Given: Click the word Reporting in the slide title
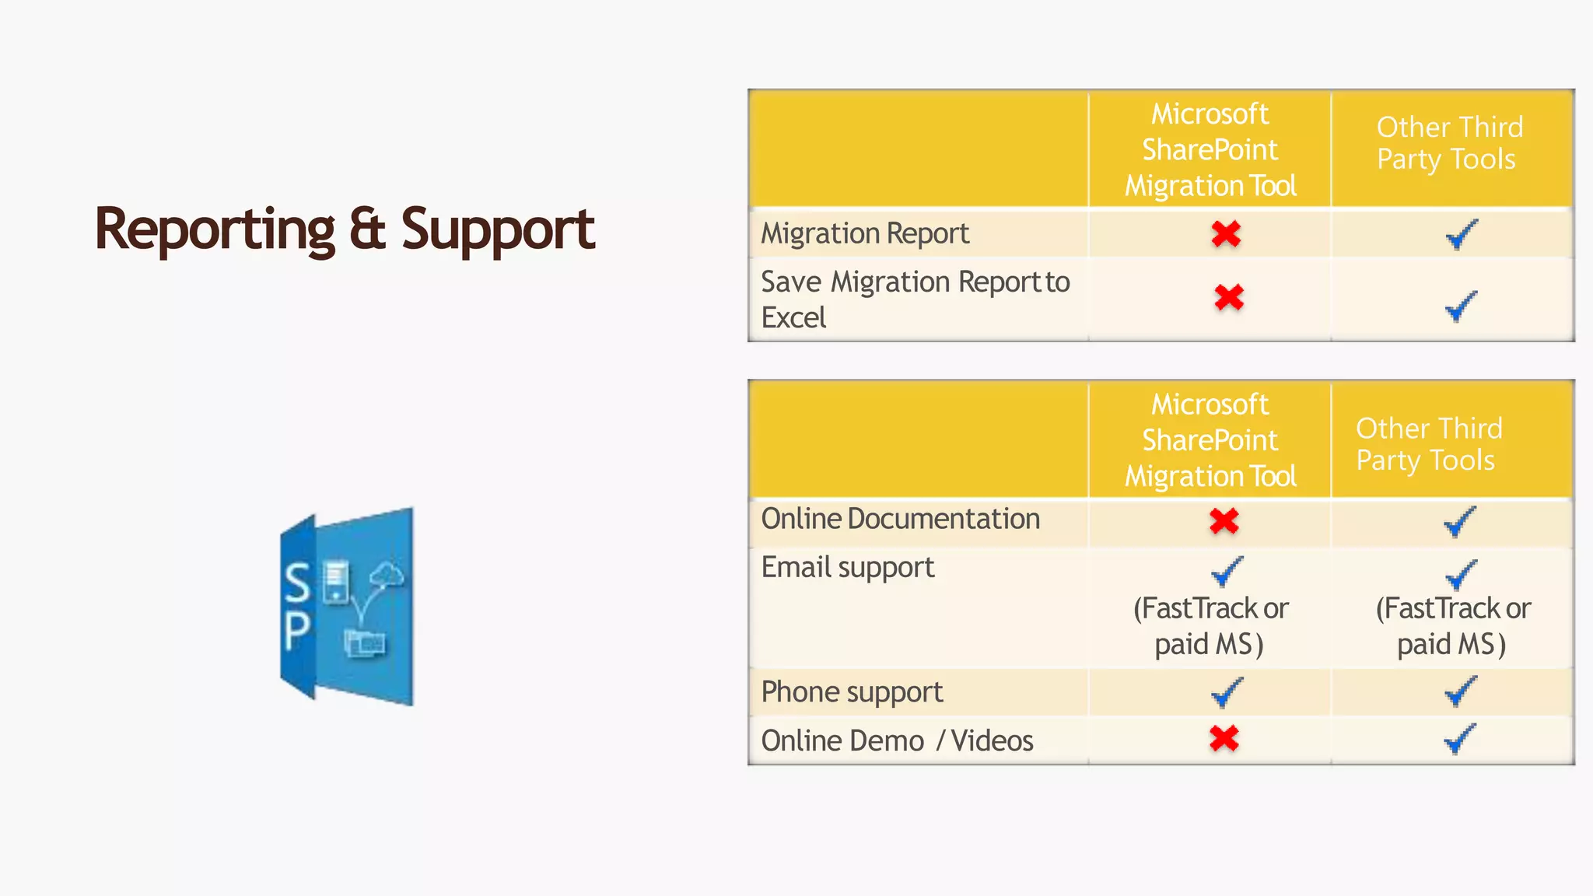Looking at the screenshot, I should coord(215,229).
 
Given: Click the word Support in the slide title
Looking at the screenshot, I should coord(498,229).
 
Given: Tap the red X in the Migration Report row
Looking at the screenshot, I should coord(1226,234).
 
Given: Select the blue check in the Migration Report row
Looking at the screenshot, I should coord(1461,234).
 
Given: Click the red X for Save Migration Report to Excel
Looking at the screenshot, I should coord(1229,297).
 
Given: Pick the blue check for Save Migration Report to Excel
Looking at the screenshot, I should coord(1460,306).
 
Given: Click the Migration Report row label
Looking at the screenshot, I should coord(865,234).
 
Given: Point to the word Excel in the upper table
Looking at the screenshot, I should coord(793,318).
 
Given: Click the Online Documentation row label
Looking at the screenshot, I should coord(900,520).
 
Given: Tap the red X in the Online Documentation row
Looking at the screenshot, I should coord(1224,521).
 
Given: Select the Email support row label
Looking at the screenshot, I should coord(848,568).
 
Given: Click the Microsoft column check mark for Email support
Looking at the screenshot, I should coord(1227,572).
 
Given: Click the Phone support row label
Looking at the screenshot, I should coord(852,692).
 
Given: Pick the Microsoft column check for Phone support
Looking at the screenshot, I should coord(1227,692).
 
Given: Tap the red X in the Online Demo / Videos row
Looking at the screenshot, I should coord(1224,739).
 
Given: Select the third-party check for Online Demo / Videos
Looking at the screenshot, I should coord(1459,739).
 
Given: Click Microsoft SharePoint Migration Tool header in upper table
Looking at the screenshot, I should coord(1210,149).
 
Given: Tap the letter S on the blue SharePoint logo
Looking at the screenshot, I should coord(297,583).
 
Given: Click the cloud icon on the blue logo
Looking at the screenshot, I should coord(387,576).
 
